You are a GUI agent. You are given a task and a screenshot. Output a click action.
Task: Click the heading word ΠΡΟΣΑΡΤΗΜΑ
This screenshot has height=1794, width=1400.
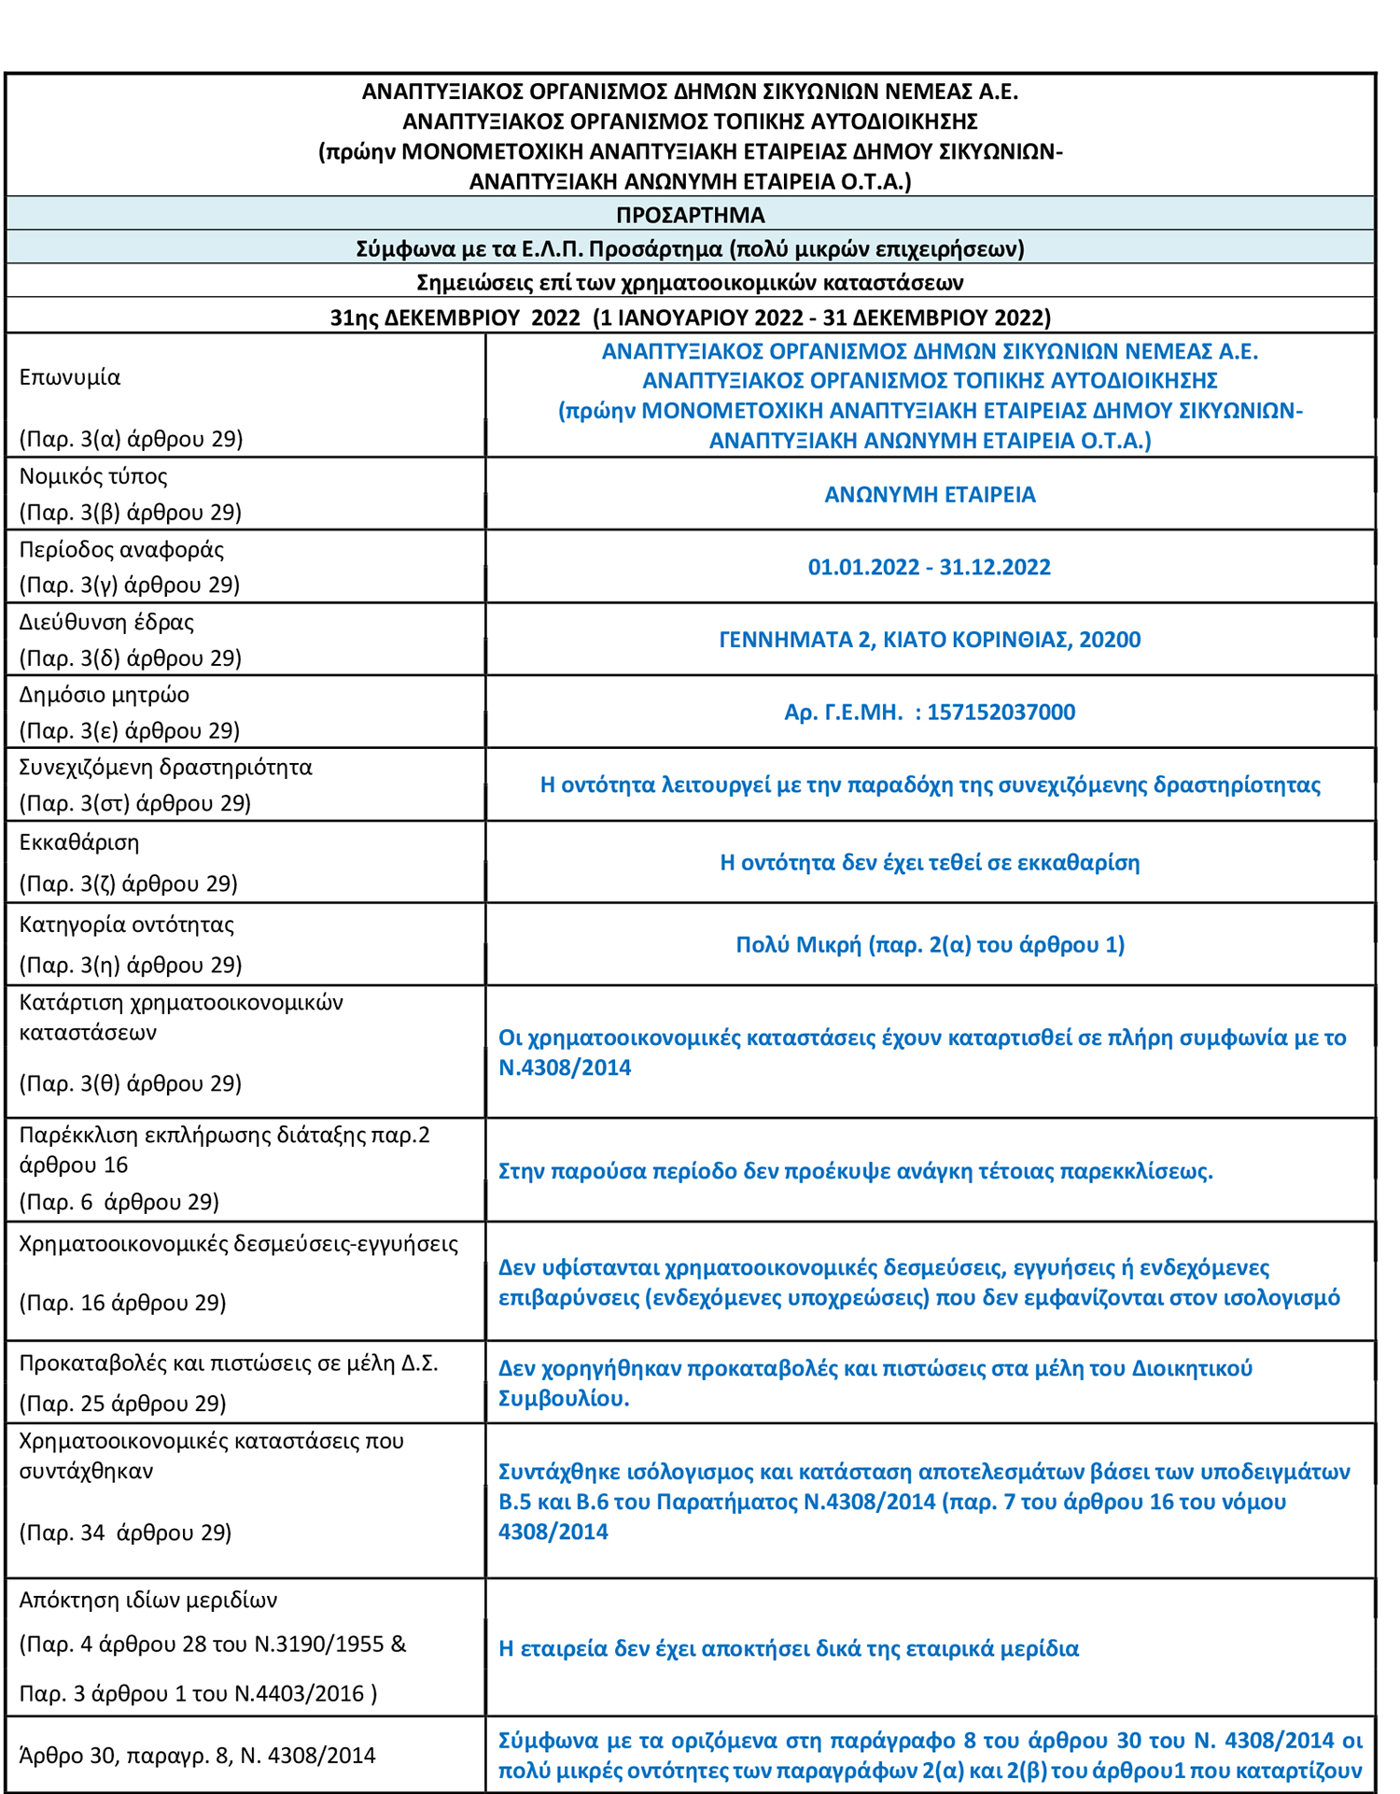coord(690,215)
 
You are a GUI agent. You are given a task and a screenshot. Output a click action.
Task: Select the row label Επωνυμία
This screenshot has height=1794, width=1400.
coord(70,377)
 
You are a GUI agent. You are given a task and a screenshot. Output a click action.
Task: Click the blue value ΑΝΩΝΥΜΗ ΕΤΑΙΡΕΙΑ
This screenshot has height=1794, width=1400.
coord(930,494)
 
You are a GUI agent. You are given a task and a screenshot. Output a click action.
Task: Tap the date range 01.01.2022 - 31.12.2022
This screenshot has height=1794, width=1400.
coord(929,567)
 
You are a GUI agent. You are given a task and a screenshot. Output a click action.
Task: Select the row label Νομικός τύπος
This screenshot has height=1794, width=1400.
coord(93,476)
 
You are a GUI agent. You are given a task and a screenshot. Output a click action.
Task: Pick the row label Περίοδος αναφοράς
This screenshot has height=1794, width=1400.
coord(121,549)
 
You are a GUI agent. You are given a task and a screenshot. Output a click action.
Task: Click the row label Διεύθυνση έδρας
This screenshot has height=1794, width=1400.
coord(106,622)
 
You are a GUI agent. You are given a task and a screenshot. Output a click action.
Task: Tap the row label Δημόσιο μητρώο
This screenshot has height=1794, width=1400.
coord(104,695)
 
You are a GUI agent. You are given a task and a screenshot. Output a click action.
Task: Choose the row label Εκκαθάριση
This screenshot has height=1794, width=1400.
coord(79,842)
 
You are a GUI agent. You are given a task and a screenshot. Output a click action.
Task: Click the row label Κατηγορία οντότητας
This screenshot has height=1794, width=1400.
coord(126,925)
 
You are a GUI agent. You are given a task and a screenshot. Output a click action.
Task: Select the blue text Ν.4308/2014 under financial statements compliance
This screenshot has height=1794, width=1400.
coord(565,1067)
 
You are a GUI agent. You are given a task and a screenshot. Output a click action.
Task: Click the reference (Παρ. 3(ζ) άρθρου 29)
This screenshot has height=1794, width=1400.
coord(128,883)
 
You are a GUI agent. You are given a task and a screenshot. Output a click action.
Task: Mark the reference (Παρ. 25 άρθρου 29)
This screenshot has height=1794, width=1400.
coord(122,1404)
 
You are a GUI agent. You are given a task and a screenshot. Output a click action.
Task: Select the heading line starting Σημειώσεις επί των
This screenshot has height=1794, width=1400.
coord(690,282)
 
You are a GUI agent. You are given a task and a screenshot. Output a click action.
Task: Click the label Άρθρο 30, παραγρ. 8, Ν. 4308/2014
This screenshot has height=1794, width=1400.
coord(197,1756)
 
